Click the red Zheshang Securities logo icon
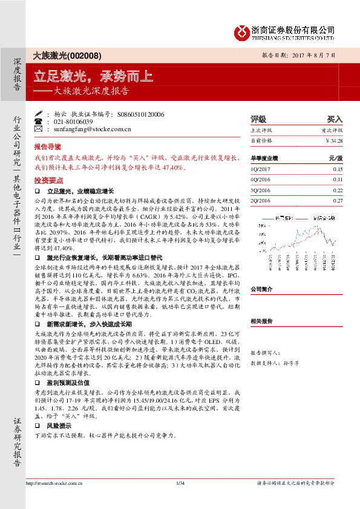(x=242, y=31)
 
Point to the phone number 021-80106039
(x=76, y=122)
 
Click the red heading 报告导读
(x=47, y=147)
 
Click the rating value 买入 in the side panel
(x=334, y=119)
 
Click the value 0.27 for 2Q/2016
(x=338, y=200)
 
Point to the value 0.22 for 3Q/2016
(x=338, y=190)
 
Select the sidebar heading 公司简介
(x=262, y=289)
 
